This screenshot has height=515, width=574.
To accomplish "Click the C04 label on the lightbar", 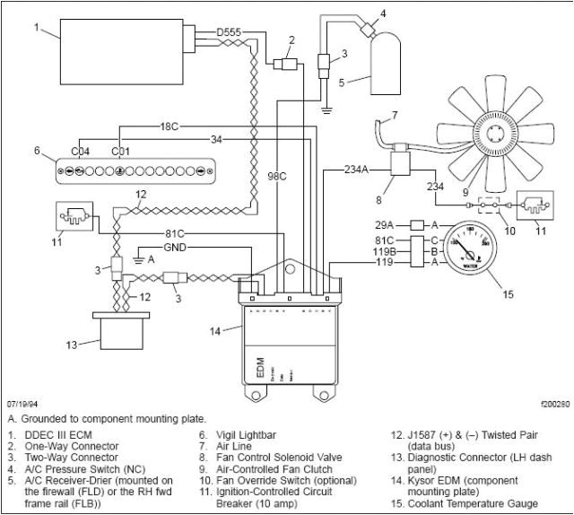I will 80,151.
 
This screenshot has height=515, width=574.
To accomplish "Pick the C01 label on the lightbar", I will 119,151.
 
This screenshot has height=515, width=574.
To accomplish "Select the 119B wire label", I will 386,252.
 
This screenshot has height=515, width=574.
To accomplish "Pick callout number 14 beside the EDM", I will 213,331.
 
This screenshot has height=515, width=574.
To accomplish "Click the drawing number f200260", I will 548,405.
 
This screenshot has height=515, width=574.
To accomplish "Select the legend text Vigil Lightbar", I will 240,436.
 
